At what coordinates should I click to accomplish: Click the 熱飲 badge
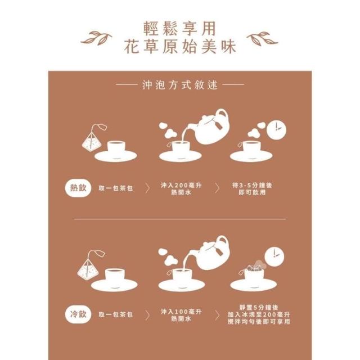coord(78,188)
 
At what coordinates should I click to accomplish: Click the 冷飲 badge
coord(78,314)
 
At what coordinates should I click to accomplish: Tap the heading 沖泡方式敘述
coord(180,85)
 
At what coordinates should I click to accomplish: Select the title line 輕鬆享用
coord(180,29)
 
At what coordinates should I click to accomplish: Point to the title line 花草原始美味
coord(180,47)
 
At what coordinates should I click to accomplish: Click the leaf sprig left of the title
coord(96,38)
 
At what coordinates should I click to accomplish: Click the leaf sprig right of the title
coord(262,38)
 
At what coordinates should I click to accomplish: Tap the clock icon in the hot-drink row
coord(277,130)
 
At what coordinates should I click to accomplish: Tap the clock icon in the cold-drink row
coord(274,257)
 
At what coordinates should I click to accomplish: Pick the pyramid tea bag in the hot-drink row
coord(93,139)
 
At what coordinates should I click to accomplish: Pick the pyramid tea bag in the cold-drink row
coord(90,266)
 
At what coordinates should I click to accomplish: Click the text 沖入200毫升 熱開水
coord(181,189)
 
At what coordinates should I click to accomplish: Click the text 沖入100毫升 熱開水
coord(181,315)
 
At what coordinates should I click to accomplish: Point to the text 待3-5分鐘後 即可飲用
coord(252,189)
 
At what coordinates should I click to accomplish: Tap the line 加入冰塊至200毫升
coord(259,314)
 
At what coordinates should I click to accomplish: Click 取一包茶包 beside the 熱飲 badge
coord(116,188)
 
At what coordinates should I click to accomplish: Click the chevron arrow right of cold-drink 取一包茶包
coord(147,315)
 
